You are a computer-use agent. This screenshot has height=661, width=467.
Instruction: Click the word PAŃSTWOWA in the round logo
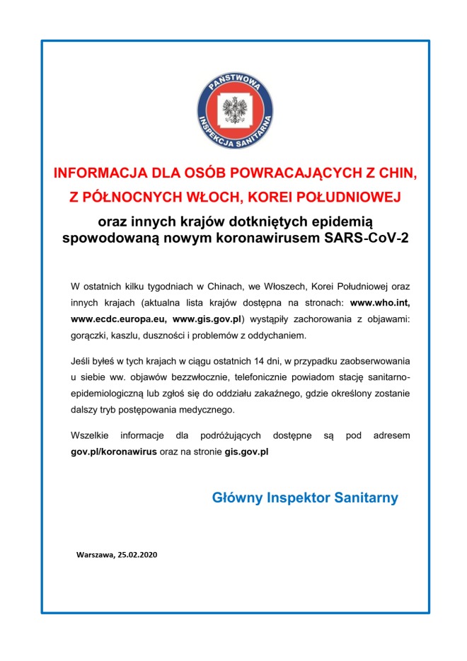[x=233, y=84]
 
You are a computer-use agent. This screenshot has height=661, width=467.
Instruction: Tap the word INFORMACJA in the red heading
[x=96, y=173]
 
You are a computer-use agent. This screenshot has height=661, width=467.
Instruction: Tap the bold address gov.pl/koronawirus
[x=113, y=451]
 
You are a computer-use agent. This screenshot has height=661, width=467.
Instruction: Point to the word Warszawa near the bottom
[x=95, y=555]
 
